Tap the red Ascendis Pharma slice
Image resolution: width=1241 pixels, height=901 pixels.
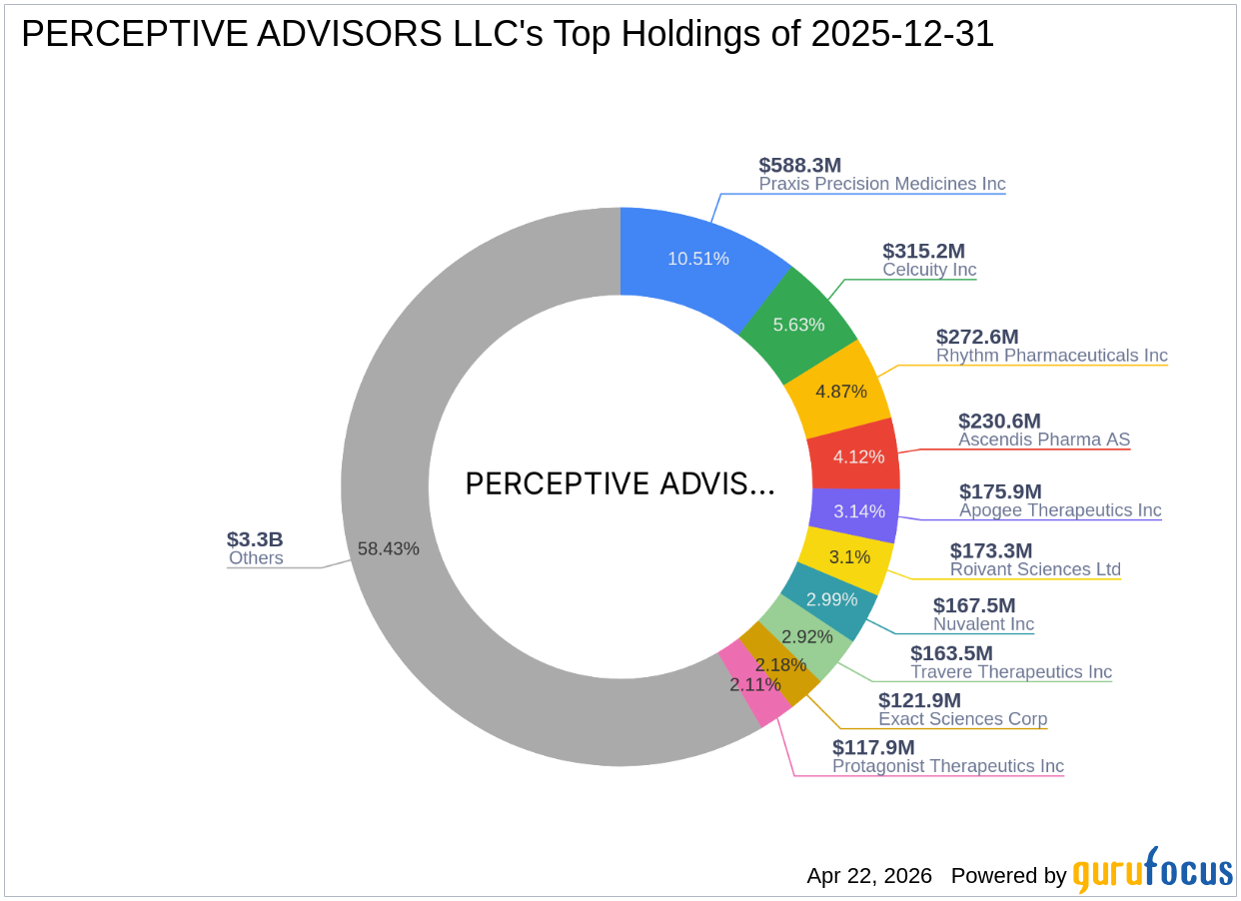tap(857, 455)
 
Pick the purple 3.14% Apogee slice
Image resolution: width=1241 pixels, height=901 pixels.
tap(857, 511)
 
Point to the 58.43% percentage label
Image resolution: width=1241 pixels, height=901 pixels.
tap(389, 548)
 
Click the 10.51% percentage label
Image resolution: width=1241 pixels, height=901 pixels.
tap(698, 259)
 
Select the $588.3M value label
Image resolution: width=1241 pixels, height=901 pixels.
tap(800, 165)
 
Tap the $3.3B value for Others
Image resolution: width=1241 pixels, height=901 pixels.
tap(255, 539)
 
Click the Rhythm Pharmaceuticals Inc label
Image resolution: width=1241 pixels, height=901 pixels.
tap(1051, 356)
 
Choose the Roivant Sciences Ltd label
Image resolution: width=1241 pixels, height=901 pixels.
tap(1035, 569)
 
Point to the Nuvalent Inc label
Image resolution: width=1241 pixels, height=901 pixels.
tap(983, 624)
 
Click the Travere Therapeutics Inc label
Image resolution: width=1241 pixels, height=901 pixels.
tap(1010, 672)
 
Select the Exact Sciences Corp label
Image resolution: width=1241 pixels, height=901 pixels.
tap(962, 719)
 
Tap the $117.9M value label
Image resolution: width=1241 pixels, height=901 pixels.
tap(873, 747)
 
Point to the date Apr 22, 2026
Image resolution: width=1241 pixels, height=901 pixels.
tap(869, 876)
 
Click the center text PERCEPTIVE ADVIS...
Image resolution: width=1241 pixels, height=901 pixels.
tap(620, 484)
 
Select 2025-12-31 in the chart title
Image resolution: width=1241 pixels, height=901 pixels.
tap(902, 35)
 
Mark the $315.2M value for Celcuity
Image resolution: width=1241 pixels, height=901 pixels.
tap(923, 251)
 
